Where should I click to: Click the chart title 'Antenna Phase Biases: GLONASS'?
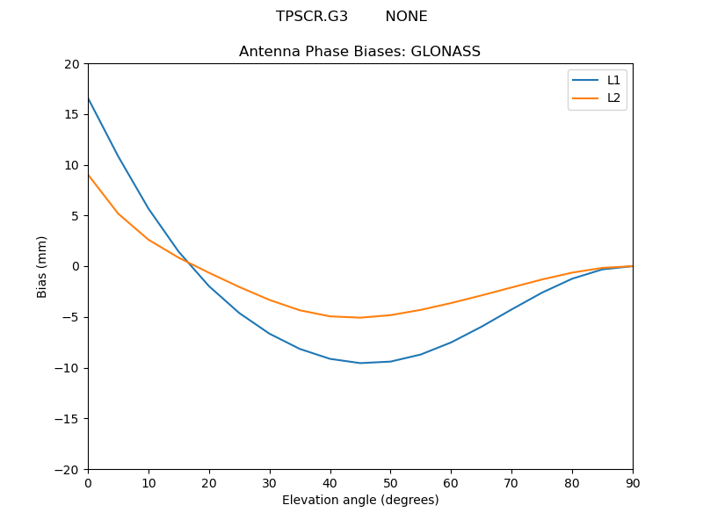tap(359, 52)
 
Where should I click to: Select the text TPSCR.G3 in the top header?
tap(312, 17)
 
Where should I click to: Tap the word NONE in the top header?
tap(406, 17)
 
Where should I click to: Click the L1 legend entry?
tap(613, 80)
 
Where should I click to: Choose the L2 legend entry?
tap(613, 97)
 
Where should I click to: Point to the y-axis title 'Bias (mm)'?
tap(42, 266)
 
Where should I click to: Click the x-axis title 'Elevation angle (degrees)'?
tap(360, 500)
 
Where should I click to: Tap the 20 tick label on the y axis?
tap(71, 64)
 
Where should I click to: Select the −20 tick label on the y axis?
tap(67, 469)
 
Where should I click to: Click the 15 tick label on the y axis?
tap(71, 114)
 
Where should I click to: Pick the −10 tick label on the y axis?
tap(67, 368)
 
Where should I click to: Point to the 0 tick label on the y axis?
tap(75, 266)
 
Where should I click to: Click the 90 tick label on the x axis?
tap(633, 482)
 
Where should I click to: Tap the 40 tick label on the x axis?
tap(330, 482)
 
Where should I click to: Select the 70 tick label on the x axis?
tap(511, 482)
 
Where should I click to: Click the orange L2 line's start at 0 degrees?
tap(88, 175)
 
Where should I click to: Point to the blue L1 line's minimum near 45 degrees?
tap(360, 363)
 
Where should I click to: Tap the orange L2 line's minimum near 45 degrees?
tap(360, 317)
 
